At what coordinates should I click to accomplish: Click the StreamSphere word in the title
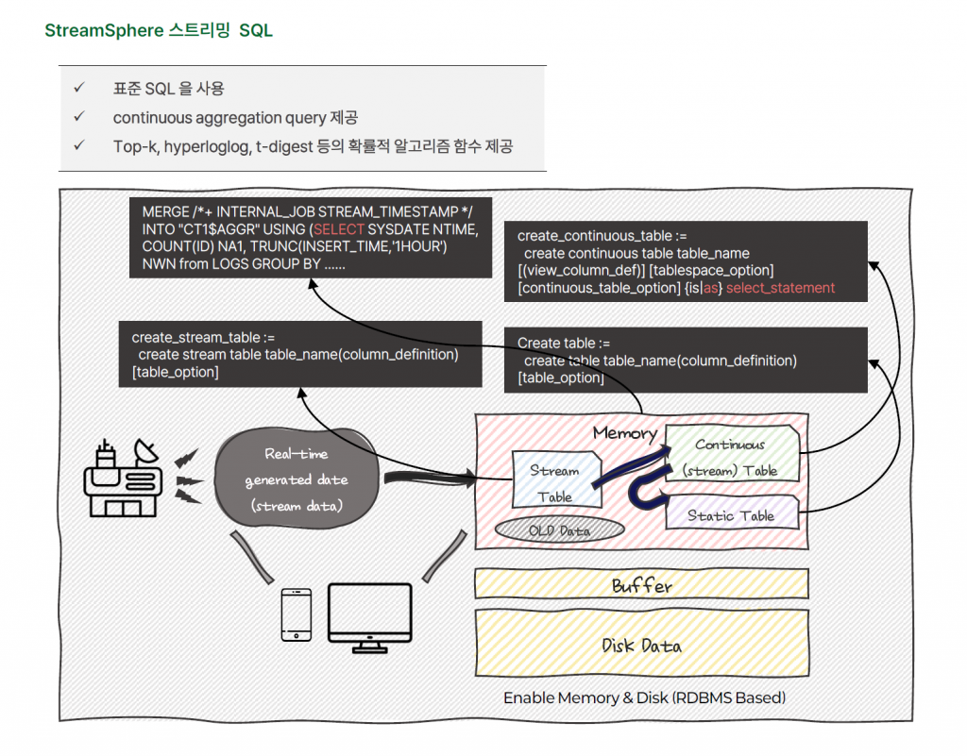(103, 31)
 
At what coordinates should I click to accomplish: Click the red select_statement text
(780, 288)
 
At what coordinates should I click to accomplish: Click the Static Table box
(732, 515)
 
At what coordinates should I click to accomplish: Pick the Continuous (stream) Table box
(732, 456)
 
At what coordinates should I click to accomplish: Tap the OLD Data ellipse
(560, 530)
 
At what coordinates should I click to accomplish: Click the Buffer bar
(641, 585)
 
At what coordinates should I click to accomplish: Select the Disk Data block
(641, 646)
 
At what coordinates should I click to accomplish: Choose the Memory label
(624, 433)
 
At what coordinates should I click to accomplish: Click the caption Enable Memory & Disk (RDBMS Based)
(644, 698)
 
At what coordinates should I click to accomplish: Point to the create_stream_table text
(203, 337)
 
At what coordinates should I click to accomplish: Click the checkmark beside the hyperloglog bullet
(79, 146)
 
